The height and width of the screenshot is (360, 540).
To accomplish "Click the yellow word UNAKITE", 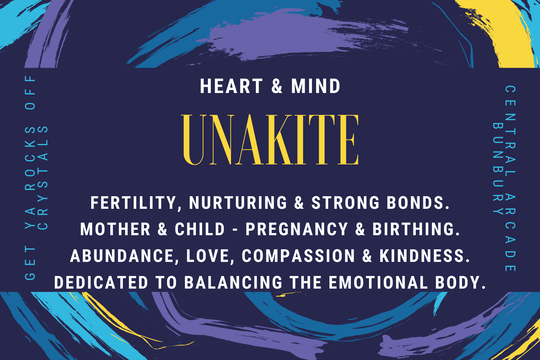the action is [x=270, y=140].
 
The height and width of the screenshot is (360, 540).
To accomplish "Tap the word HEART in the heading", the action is [x=231, y=86].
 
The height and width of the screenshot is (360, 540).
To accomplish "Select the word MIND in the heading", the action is [x=316, y=86].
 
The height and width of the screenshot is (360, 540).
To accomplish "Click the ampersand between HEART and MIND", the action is [x=277, y=86].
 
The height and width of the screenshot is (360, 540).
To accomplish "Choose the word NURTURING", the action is [x=238, y=203].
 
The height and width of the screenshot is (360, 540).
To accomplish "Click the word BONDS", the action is [x=418, y=203].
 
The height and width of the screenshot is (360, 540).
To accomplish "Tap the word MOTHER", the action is [x=115, y=229].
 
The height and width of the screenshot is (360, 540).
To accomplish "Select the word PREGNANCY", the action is [x=297, y=229].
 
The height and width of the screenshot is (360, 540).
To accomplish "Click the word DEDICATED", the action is [x=101, y=283].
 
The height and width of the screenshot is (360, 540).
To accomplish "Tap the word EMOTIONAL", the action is [x=378, y=283].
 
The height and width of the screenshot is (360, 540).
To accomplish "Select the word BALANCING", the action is [x=233, y=283].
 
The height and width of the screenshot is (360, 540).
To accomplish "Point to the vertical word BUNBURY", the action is [x=498, y=168].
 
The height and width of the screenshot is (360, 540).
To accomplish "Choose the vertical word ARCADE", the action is [x=510, y=232].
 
